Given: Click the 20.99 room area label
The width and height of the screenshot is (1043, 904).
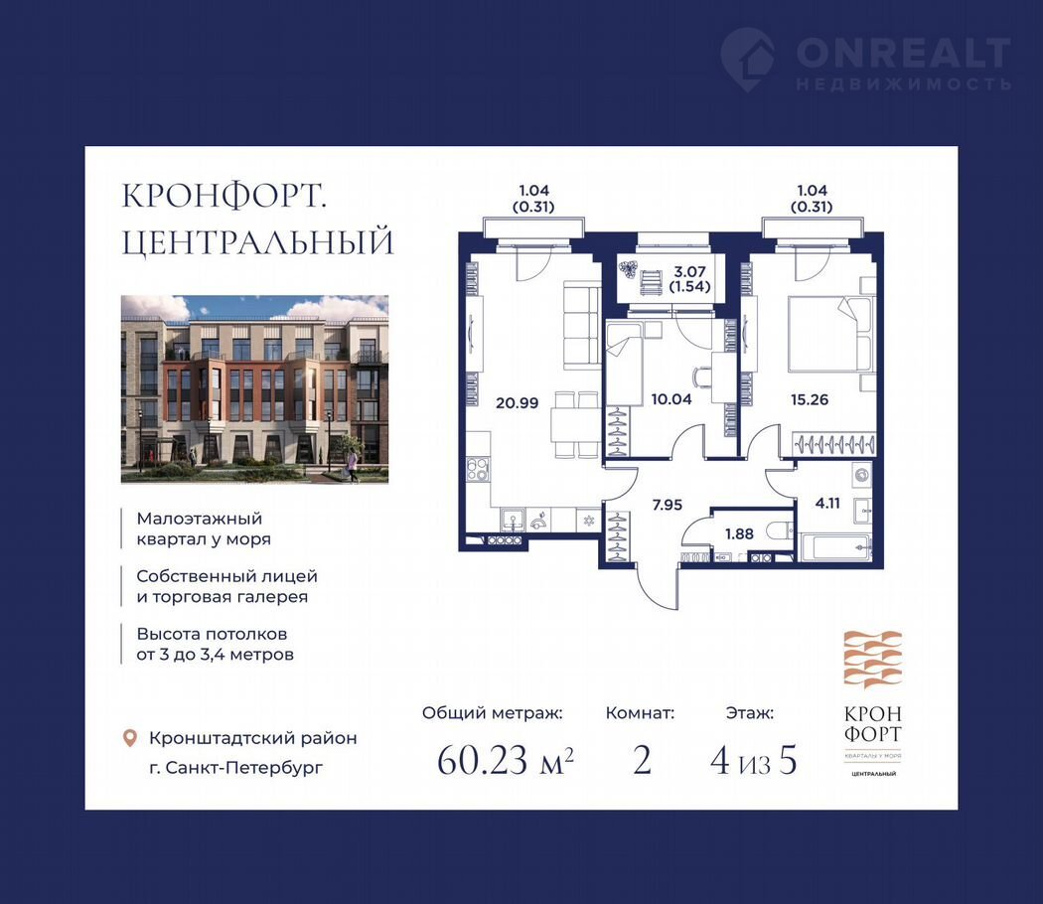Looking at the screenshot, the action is [517, 402].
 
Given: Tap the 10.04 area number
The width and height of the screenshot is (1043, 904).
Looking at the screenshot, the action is [671, 399].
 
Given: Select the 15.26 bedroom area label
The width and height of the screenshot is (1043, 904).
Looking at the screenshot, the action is [810, 399].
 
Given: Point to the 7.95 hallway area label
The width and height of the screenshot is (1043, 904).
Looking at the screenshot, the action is [668, 505].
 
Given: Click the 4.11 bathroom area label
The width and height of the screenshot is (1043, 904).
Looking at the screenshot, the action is [827, 504].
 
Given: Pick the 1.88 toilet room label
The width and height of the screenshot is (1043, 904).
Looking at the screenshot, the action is [739, 533].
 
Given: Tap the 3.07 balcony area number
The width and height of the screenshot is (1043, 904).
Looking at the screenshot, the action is [689, 271].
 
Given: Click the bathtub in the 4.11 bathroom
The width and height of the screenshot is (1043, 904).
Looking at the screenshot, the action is [834, 547].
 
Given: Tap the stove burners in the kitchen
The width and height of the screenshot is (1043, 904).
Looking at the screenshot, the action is [477, 469].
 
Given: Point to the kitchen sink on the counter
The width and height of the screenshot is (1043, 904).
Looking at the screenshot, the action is [513, 520].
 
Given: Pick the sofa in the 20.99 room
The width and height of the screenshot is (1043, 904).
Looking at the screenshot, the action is [583, 325].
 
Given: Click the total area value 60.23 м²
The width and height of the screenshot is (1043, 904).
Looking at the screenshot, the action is [505, 760].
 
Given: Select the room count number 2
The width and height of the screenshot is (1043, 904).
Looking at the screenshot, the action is [642, 760].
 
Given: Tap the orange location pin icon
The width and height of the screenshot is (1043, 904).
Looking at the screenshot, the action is [130, 738].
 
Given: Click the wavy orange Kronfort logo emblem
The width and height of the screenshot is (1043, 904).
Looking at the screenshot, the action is [873, 660].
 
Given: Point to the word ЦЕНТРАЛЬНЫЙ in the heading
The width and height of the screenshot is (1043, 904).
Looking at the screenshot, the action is [257, 242].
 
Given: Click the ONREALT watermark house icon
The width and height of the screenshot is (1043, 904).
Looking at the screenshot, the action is [748, 59].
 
